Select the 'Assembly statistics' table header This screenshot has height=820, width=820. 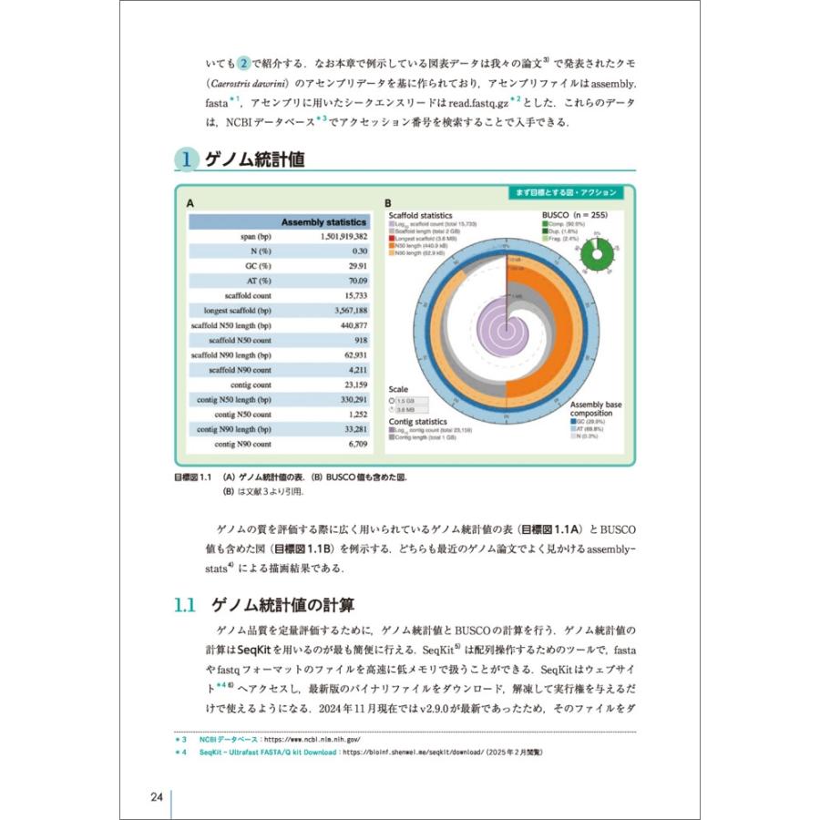[323, 221]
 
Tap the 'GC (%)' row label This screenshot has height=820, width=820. [256, 266]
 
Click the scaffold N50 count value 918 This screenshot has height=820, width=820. [356, 340]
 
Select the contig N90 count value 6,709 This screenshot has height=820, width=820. [354, 444]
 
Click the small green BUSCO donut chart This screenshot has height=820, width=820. [597, 251]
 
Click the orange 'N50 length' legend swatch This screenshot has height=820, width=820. [391, 246]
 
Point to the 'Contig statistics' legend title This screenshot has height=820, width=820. [418, 422]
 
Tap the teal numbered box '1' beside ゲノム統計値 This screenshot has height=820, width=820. [186, 160]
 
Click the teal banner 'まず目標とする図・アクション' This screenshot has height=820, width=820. [565, 193]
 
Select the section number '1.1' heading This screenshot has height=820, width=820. [185, 604]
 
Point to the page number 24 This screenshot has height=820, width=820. [157, 797]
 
